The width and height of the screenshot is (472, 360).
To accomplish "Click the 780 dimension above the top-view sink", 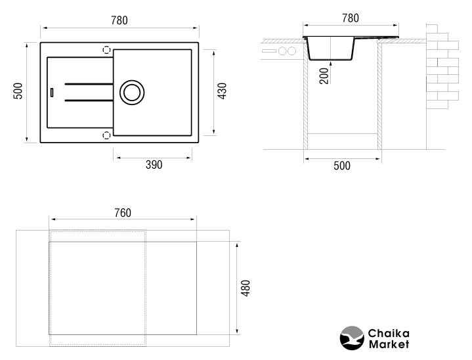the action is point(119,20).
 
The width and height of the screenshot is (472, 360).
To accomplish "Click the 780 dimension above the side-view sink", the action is point(351,18).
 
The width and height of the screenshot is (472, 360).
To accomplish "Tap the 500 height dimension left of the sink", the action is point(18,91).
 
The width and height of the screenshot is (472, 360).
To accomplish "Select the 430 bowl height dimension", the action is point(222,91).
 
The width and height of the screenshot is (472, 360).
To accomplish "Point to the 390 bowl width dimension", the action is point(154,165).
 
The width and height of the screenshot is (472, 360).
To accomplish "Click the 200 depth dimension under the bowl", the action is point(324,76).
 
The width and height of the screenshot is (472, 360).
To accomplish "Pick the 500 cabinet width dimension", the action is point(342,166).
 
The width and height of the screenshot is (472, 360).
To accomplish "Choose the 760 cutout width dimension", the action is point(123,213).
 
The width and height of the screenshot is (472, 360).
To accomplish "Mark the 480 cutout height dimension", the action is point(246,288).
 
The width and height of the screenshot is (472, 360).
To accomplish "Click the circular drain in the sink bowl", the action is point(132,93).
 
